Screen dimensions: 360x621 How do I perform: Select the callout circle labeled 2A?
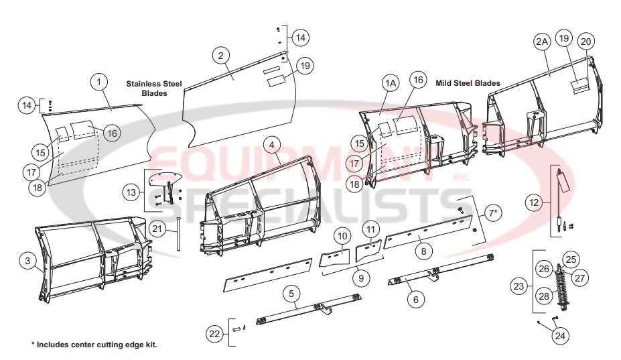[x=542, y=42]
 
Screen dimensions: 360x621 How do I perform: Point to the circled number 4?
[x=271, y=144]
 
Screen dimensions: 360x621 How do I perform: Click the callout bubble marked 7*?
[x=492, y=213]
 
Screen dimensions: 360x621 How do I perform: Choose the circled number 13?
[x=132, y=193]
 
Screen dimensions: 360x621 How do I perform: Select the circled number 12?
[x=533, y=201]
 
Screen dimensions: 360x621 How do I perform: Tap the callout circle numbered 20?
[x=585, y=42]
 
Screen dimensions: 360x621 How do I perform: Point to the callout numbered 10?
[x=342, y=236]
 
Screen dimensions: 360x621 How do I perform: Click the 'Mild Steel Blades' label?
[x=468, y=84]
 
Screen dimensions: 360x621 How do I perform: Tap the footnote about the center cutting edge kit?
[x=94, y=345]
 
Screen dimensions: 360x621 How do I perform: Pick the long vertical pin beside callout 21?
[x=179, y=237]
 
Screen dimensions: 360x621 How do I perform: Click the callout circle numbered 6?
[x=415, y=300]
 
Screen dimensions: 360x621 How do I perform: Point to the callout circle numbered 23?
[x=518, y=286]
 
